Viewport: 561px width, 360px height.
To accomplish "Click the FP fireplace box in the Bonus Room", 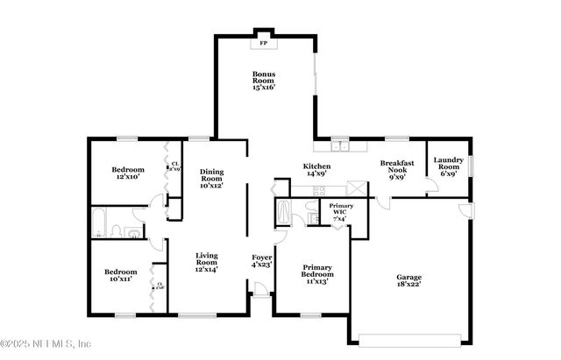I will pyautogui.click(x=262, y=40).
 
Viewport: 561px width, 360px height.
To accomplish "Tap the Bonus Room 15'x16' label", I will pyautogui.click(x=264, y=81).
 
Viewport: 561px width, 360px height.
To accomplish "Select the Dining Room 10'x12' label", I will pyautogui.click(x=212, y=178).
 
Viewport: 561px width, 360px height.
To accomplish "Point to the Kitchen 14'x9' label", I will pyautogui.click(x=316, y=170).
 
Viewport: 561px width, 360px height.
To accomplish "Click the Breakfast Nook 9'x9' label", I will pyautogui.click(x=396, y=169).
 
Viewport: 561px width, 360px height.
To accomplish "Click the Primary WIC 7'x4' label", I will pyautogui.click(x=342, y=211).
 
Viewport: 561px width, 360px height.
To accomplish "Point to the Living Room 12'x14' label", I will pyautogui.click(x=206, y=262).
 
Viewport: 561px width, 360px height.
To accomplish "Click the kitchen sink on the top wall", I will pyautogui.click(x=340, y=143).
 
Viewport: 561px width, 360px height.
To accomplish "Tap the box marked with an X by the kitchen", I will pyautogui.click(x=355, y=188).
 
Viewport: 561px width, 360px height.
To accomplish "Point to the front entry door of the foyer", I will pyautogui.click(x=260, y=295).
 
